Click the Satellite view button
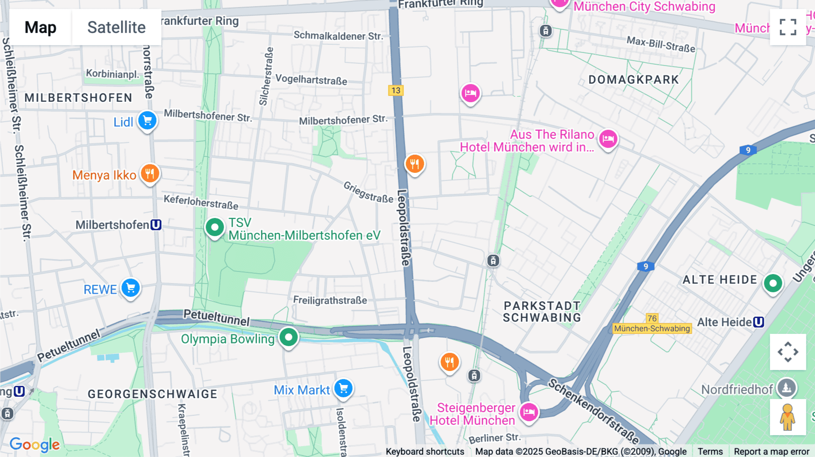[x=116, y=27]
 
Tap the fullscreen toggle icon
[x=788, y=27]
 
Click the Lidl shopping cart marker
[x=147, y=121]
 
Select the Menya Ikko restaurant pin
[x=150, y=173]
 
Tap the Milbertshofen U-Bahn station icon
[x=156, y=225]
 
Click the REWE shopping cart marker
[x=130, y=288]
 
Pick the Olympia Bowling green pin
[x=288, y=337]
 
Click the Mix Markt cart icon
[x=344, y=388]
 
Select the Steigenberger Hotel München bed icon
[x=528, y=412]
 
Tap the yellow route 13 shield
[x=396, y=90]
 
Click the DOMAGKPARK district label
[x=633, y=80]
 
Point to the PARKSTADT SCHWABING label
[x=542, y=312]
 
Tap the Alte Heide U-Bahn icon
[x=759, y=322]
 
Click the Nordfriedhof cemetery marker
[x=786, y=388]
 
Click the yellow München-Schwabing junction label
[x=652, y=328]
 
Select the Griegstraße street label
[x=368, y=192]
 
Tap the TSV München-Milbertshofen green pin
[x=215, y=227]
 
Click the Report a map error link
[x=772, y=452]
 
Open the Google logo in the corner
[x=35, y=445]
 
